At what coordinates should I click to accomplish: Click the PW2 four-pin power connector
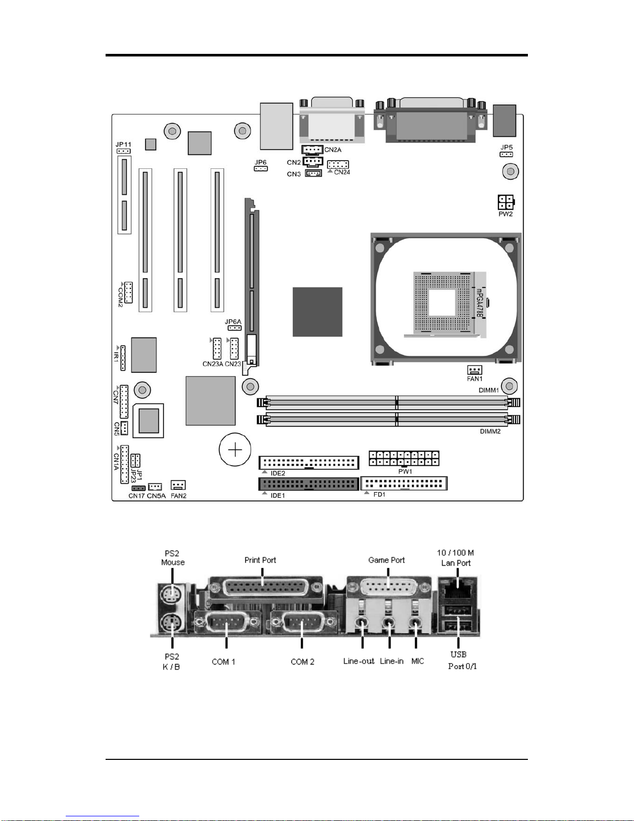[506, 202]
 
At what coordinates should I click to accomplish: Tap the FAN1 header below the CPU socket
[475, 370]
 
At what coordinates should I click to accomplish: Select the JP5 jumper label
[507, 147]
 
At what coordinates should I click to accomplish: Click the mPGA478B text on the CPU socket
[479, 303]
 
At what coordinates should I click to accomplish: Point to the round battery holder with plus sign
[235, 450]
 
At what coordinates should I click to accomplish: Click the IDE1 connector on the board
[308, 484]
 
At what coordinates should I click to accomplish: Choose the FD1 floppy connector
[404, 483]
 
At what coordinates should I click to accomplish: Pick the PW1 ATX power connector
[404, 458]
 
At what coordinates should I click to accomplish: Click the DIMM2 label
[490, 431]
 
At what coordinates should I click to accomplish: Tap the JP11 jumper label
[123, 145]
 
